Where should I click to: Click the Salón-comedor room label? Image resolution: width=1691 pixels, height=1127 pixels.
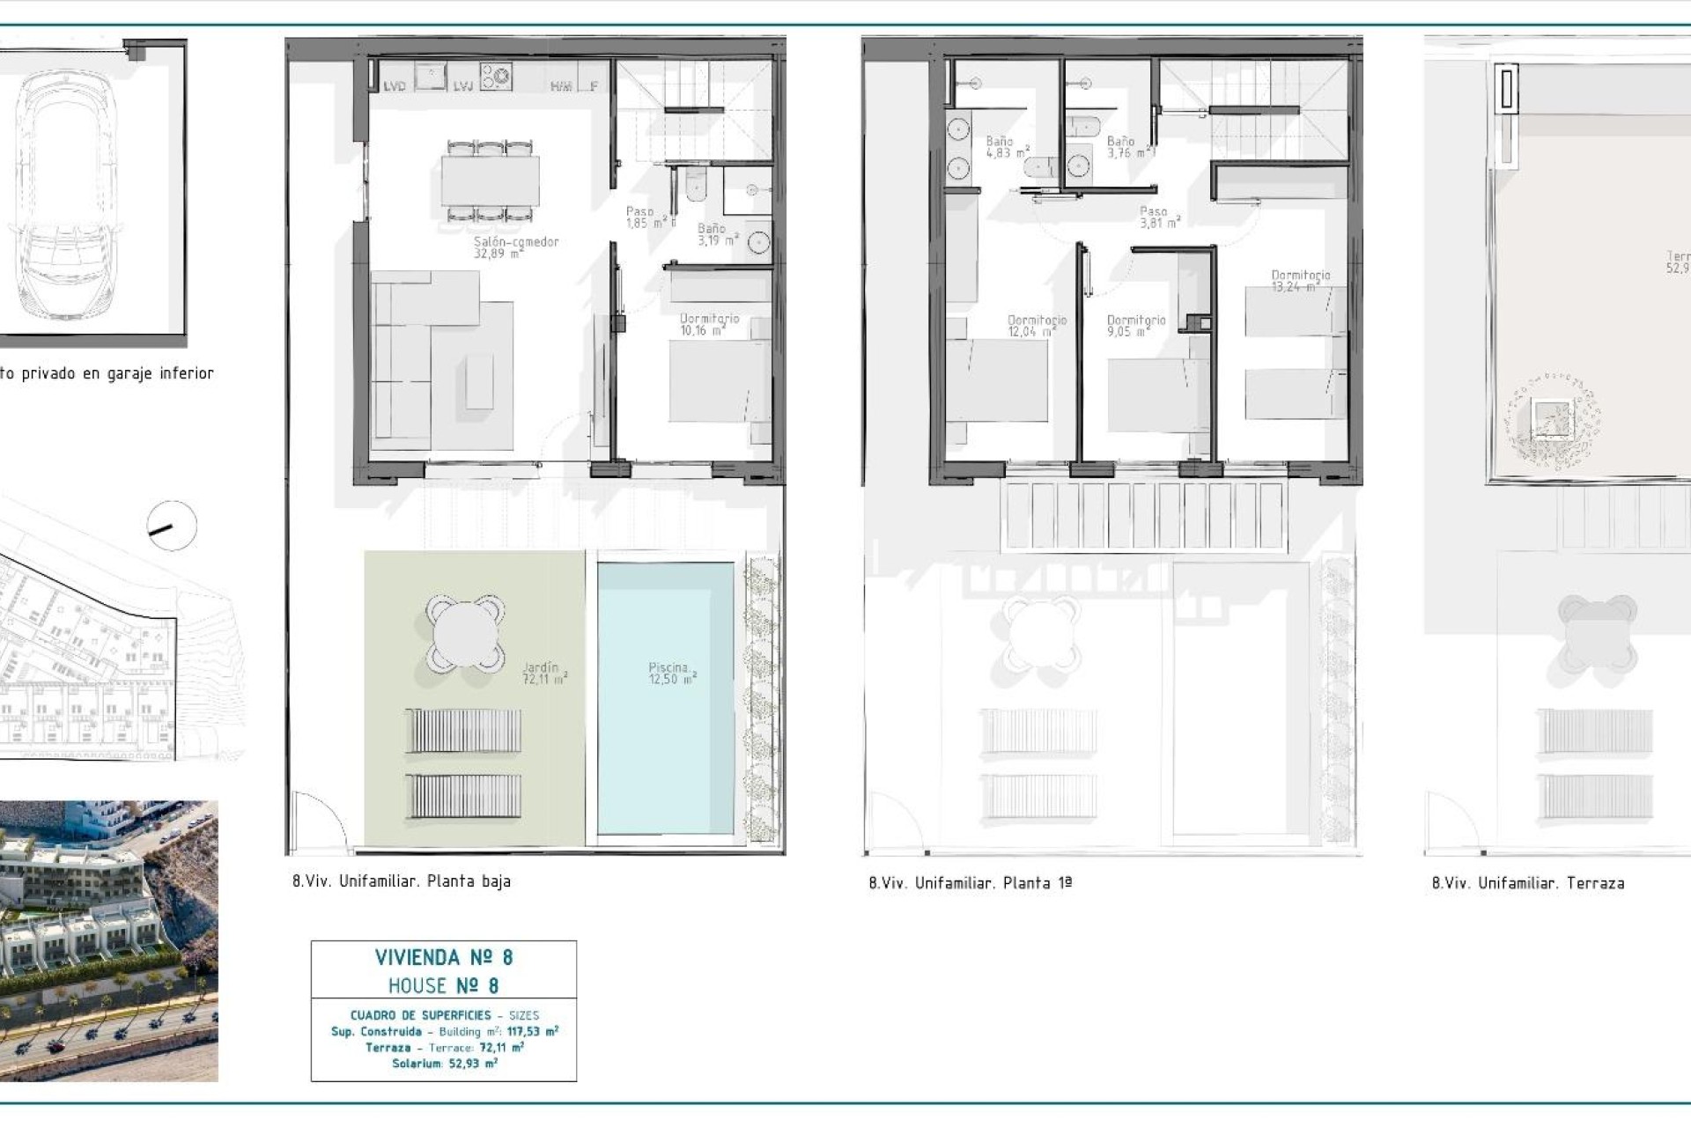(516, 247)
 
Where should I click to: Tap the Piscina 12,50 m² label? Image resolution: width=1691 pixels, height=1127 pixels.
(672, 674)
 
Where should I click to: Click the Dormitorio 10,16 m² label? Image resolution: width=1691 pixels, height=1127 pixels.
(709, 325)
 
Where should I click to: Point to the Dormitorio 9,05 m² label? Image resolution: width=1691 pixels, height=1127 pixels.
(1136, 327)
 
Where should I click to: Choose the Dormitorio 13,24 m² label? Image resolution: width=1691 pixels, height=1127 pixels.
(1301, 281)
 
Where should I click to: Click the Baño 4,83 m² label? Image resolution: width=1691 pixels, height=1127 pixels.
(1007, 147)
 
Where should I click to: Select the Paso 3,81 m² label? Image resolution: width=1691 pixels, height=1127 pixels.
(1158, 217)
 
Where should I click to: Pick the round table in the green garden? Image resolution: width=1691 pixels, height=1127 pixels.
(466, 632)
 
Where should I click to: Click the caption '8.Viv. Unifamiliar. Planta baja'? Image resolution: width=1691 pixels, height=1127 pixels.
(402, 881)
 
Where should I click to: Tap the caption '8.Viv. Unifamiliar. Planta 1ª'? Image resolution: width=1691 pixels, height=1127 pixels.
(970, 883)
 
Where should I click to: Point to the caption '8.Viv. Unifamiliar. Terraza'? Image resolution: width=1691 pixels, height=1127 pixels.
(1528, 883)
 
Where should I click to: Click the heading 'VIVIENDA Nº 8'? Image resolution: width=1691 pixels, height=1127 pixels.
(444, 957)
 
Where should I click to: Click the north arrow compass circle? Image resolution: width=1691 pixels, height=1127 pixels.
(172, 527)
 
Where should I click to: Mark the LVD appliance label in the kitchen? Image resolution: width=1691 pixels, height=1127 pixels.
(395, 86)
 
